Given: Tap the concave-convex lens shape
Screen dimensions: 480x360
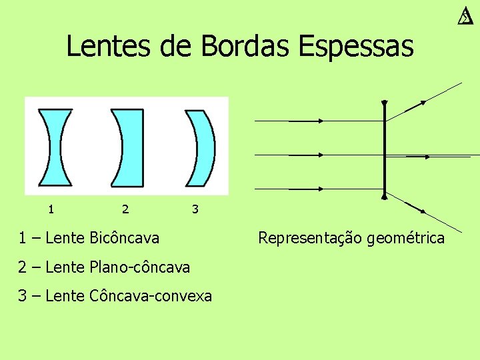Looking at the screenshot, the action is pos(203,147).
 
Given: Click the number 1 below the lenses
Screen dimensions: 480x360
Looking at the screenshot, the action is pos(51,209).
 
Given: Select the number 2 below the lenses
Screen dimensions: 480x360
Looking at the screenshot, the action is pos(125,209).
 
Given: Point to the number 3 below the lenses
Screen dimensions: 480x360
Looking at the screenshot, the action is pos(195,209).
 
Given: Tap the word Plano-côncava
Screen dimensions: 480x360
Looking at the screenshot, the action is pos(138,267).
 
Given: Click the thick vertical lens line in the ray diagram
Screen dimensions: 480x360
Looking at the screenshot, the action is pos(385,150).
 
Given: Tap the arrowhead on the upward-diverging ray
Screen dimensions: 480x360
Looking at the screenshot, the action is pos(423,103).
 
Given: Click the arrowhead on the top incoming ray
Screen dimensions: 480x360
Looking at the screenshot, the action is pos(320,121).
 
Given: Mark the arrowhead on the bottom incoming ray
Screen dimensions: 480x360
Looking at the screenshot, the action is pos(320,189).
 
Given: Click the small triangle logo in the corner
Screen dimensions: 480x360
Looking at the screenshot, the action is pos(465,17).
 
